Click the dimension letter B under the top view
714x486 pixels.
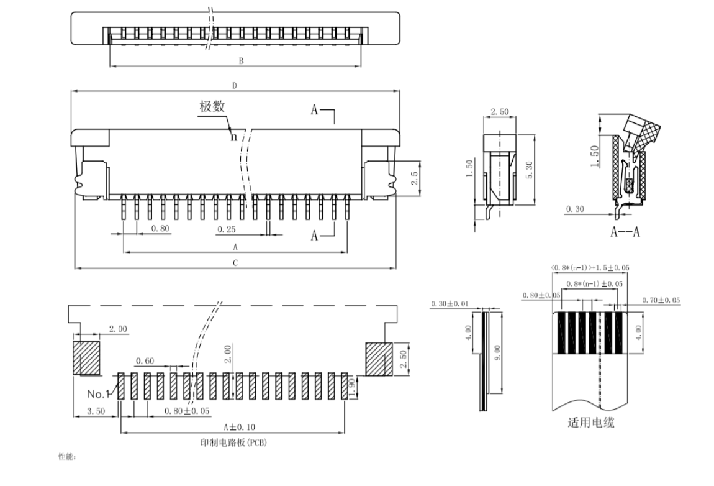(241, 60)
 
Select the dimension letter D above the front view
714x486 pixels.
(235, 86)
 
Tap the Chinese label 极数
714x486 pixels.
(212, 106)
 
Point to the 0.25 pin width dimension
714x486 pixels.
(227, 229)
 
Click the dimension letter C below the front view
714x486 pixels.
(235, 263)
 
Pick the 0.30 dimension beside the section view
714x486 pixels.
(575, 209)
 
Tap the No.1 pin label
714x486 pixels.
(98, 393)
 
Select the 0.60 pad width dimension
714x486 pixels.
(145, 360)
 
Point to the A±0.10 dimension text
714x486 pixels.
(239, 427)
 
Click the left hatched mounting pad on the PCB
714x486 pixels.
(86, 358)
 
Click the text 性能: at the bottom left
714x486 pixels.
(66, 457)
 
